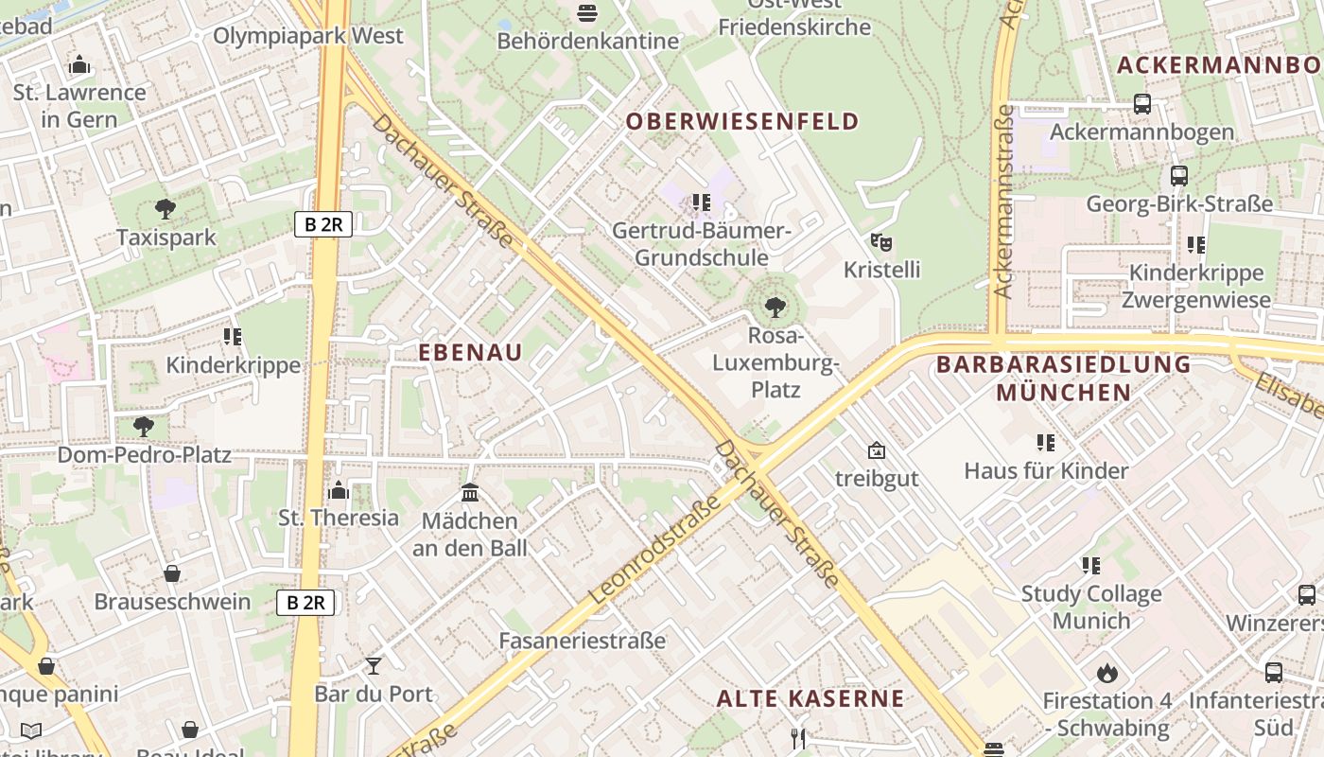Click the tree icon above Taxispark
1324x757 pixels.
tap(165, 208)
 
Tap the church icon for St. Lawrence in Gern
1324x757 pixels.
tap(79, 64)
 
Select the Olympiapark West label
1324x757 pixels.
tap(308, 36)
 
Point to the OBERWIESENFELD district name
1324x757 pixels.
tap(742, 121)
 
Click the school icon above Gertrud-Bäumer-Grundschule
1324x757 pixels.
tap(701, 202)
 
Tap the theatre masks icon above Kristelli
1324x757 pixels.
tap(881, 242)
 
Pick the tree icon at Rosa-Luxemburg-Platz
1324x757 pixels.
tap(775, 307)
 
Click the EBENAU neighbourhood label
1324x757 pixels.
tap(470, 352)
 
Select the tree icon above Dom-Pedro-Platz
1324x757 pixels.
tap(144, 426)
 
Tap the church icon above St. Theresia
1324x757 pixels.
tap(339, 490)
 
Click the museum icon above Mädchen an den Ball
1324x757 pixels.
tap(470, 492)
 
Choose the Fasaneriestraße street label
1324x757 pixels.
tap(583, 641)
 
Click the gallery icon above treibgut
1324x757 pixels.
tap(877, 450)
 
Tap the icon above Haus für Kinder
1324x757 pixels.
tap(1045, 442)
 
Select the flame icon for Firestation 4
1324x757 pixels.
tap(1106, 673)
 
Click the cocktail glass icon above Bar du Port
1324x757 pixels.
tap(374, 665)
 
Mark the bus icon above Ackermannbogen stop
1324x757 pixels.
tap(1141, 104)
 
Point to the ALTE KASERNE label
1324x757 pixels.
tap(810, 699)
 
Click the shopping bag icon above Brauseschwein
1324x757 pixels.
tap(172, 573)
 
